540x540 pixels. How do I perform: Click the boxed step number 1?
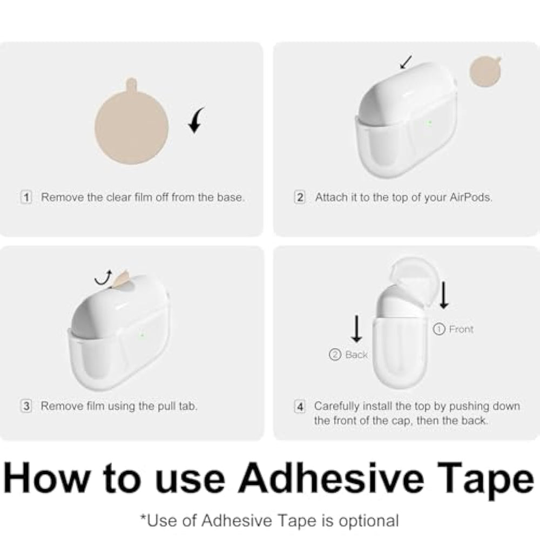point(26,197)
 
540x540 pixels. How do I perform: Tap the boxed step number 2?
point(300,197)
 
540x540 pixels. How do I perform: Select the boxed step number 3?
point(26,406)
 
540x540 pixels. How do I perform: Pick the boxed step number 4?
point(300,407)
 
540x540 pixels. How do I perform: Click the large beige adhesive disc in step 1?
point(132,124)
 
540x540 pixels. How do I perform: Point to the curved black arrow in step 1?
point(195,120)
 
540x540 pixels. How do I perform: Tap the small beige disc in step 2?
point(485,71)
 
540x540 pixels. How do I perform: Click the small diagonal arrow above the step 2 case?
point(406,62)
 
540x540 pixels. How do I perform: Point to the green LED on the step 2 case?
point(429,122)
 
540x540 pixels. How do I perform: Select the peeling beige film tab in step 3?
point(120,279)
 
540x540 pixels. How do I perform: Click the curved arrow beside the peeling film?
point(104,278)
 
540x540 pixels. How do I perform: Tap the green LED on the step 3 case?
point(142,335)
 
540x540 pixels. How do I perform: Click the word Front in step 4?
point(461,329)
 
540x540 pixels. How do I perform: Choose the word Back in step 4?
point(356,355)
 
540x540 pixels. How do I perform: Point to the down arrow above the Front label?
point(444,295)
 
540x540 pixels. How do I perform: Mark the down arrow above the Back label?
point(357,328)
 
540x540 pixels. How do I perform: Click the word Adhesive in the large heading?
point(330,478)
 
